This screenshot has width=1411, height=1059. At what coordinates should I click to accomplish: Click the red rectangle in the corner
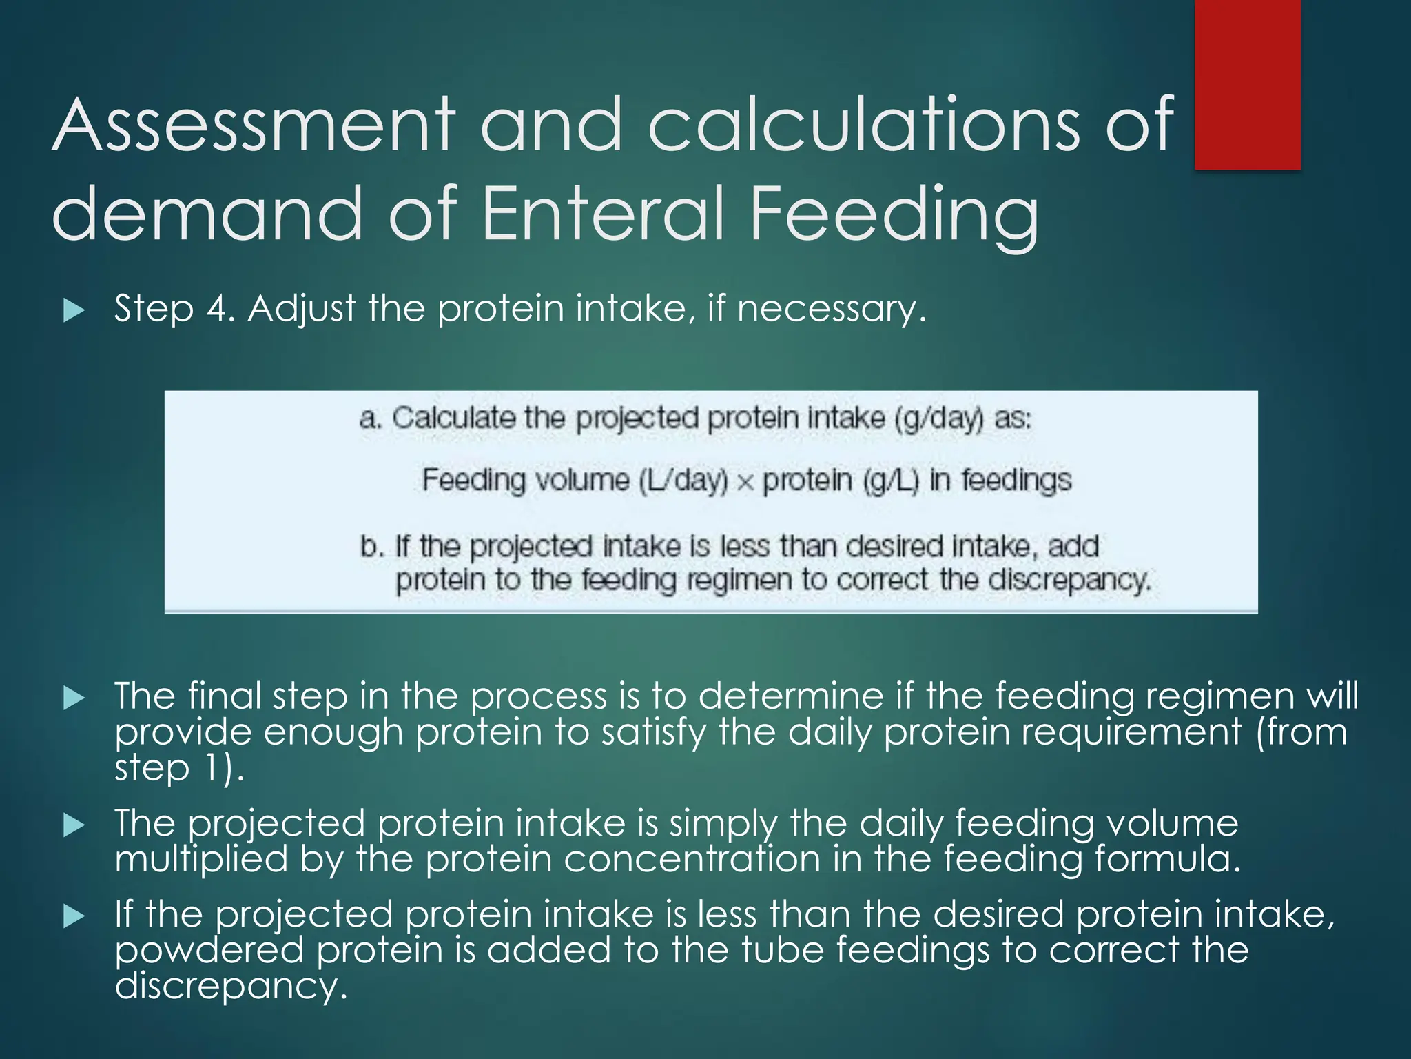pos(1247,84)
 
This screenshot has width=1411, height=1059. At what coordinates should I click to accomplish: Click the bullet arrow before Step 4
pos(73,310)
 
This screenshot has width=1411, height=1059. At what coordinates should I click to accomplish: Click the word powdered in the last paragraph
pos(209,950)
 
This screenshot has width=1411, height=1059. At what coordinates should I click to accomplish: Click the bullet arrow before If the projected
pos(73,916)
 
